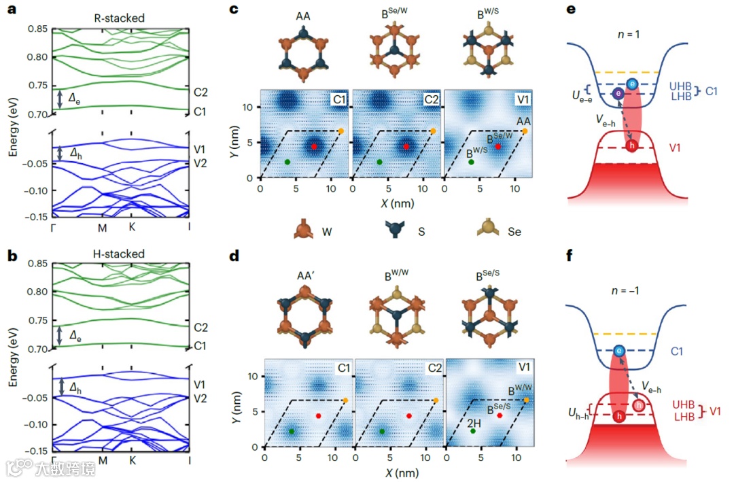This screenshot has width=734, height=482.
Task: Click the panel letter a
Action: (x=12, y=10)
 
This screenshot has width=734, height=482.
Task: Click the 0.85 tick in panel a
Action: (x=37, y=29)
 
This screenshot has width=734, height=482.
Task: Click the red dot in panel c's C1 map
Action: (x=314, y=146)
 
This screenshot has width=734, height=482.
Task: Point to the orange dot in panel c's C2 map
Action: (x=434, y=131)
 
